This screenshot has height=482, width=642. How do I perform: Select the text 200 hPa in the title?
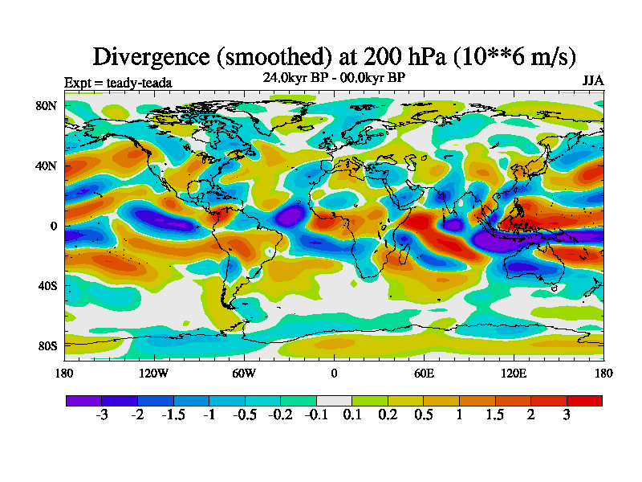394,56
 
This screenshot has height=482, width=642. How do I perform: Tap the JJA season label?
593,81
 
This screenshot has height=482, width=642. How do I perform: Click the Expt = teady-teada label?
118,82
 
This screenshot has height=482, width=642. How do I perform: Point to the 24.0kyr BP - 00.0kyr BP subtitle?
334,78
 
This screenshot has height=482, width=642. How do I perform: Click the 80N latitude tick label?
44,105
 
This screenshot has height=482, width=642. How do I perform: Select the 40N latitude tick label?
44,165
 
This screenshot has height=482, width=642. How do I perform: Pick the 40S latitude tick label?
45,285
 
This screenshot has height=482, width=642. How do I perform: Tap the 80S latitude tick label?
45,345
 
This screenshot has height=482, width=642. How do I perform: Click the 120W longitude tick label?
154,373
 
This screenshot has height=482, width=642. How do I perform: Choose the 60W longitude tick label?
244,373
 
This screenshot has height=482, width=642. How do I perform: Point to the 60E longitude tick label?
424,373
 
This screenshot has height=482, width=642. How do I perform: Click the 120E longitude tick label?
514,373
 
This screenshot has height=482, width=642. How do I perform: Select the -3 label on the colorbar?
101,415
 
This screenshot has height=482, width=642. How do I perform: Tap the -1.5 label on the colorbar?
173,415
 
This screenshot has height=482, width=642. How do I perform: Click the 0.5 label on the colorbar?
424,415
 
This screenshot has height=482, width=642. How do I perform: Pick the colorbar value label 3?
567,415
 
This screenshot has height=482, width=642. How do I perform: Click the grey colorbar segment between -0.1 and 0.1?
334,400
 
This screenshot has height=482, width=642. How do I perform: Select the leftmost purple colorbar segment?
83,400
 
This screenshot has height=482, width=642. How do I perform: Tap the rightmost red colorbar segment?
584,400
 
